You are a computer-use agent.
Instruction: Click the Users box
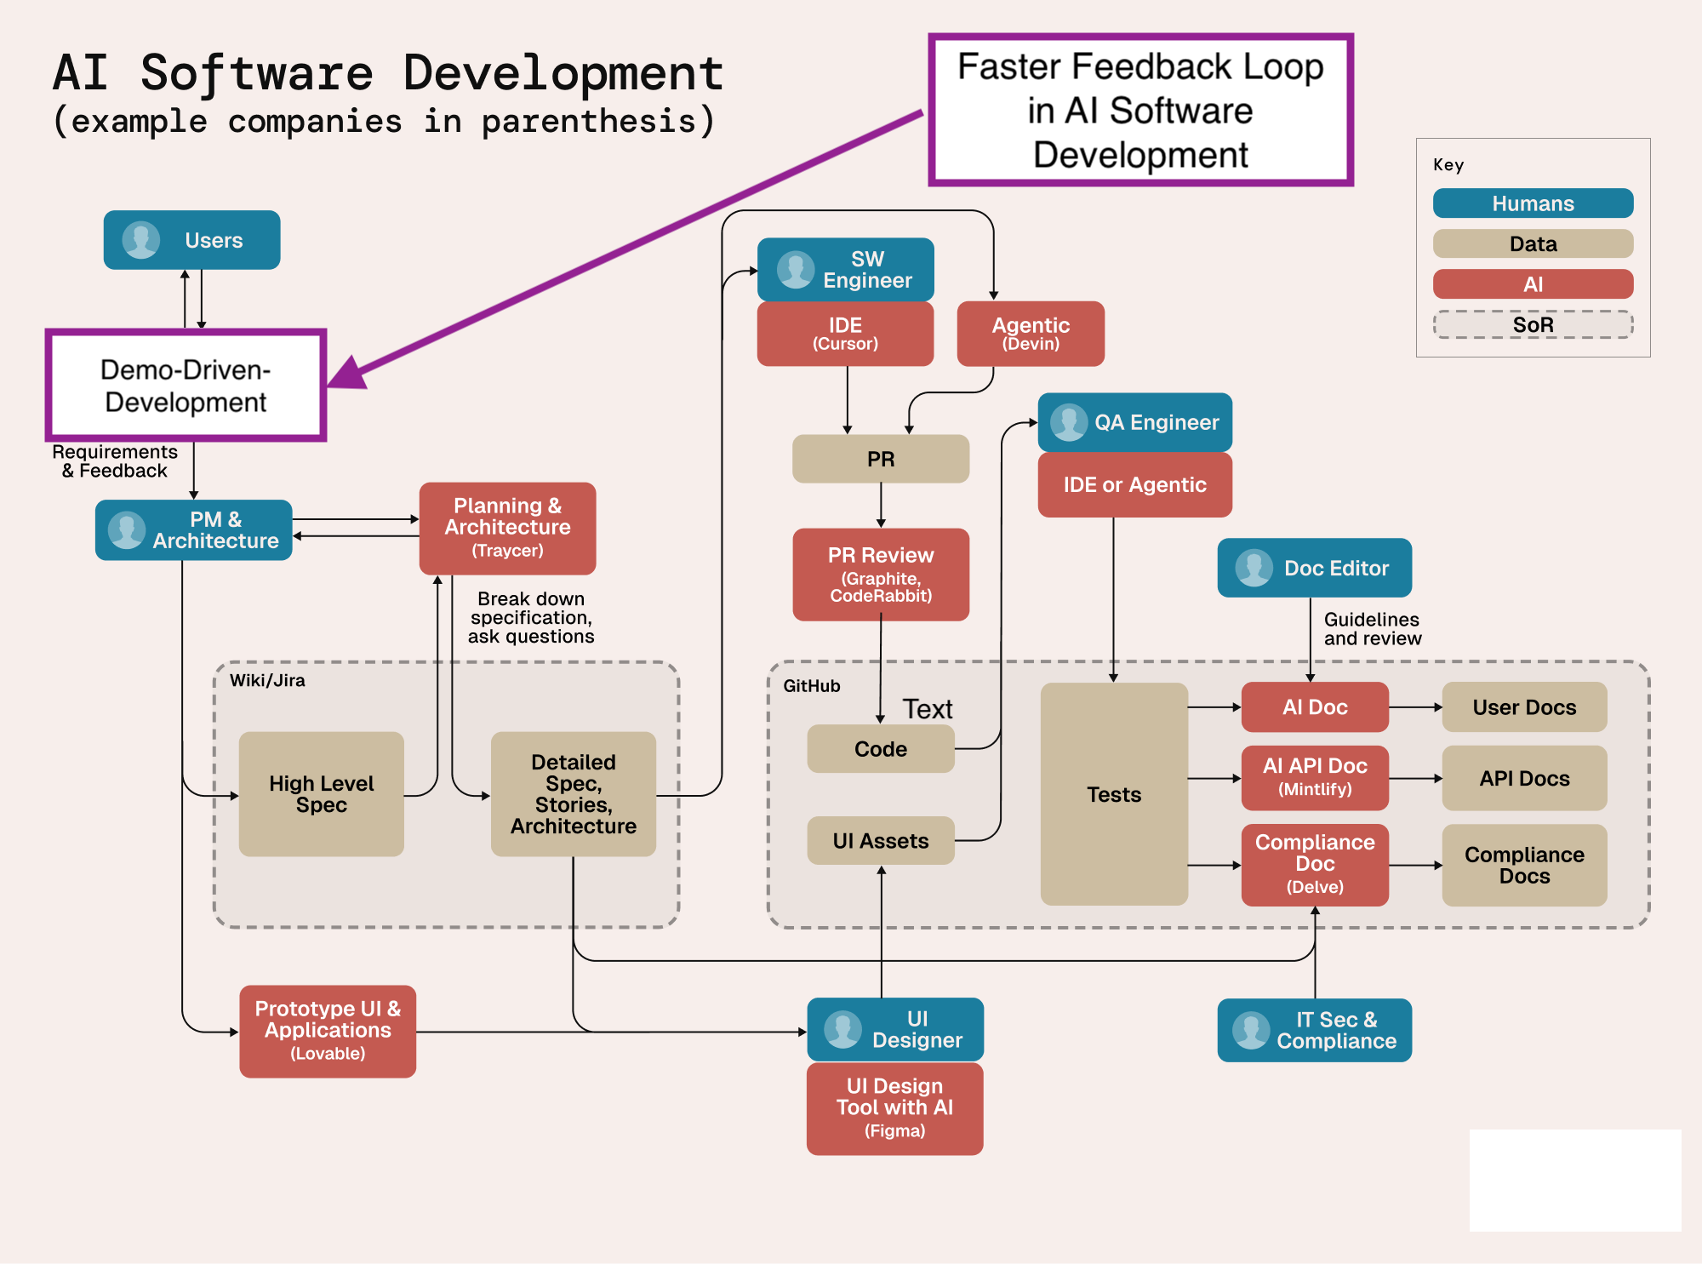coord(191,240)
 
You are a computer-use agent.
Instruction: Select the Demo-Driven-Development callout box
coord(186,386)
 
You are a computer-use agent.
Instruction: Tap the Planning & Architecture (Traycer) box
coord(507,528)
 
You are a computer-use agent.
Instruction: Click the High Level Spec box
coord(321,793)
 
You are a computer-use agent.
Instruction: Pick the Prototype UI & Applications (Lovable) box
coord(328,1031)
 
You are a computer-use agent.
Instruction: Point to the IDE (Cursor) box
coord(845,334)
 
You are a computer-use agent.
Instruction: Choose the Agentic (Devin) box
coord(1031,334)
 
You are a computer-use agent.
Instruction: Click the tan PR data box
coord(880,459)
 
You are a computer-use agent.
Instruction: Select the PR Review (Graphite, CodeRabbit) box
coord(881,575)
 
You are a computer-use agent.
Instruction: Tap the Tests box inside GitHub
coord(1113,793)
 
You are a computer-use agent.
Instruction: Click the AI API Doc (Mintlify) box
coord(1315,777)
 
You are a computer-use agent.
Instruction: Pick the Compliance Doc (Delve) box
coord(1315,864)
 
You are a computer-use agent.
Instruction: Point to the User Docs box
coord(1524,706)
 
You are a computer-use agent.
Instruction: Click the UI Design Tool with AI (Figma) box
coord(894,1108)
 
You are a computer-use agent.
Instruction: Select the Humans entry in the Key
coord(1533,203)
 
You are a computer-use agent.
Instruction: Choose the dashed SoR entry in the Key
coord(1533,324)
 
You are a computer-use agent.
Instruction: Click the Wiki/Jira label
coord(267,680)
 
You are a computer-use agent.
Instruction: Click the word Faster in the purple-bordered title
coord(1009,66)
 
